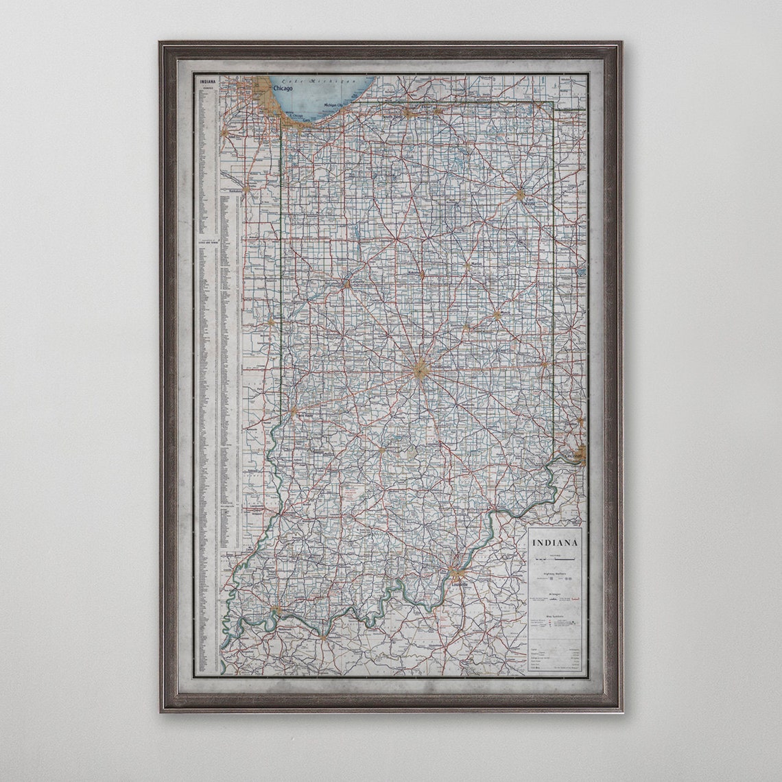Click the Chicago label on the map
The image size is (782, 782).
(x=283, y=88)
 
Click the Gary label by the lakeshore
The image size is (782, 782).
(x=307, y=119)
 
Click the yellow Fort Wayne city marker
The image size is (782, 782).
(x=520, y=195)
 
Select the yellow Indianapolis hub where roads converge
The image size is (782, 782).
(x=421, y=370)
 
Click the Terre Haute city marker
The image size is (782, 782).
(x=294, y=412)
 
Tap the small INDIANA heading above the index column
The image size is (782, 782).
(x=206, y=82)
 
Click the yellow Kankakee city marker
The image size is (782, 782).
(x=246, y=186)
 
